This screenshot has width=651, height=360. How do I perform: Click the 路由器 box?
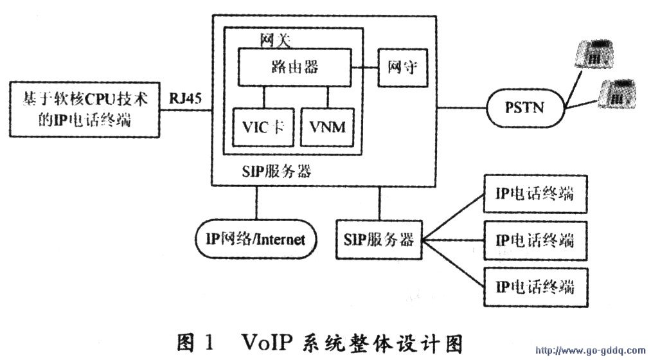click(x=295, y=66)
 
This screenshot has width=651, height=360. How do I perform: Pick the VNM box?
click(x=326, y=125)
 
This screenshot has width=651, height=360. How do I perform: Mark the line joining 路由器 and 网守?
click(x=364, y=66)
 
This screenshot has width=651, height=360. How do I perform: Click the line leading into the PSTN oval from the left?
click(x=462, y=107)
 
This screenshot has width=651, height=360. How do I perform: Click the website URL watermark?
click(x=590, y=351)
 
